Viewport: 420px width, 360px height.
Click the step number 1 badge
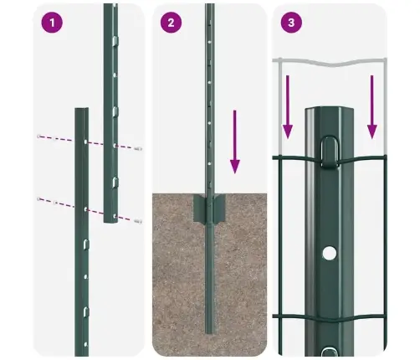point(53,23)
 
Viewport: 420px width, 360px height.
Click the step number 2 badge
point(171,23)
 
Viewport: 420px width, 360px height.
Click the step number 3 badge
point(290,23)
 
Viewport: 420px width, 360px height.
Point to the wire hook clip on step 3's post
point(330,151)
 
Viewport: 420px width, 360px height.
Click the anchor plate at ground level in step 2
point(209,209)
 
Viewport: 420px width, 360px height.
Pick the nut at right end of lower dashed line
point(137,221)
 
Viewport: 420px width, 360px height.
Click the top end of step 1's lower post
point(81,109)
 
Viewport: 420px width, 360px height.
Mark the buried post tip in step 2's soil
point(209,330)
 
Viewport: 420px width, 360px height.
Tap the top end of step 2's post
point(209,7)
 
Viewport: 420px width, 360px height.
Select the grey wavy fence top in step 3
point(330,61)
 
